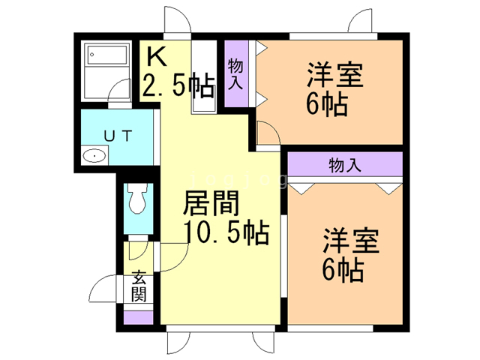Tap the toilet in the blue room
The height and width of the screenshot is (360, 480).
coord(137,200)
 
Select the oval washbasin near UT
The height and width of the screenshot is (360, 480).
coord(94,156)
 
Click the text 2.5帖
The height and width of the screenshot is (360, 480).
coord(178,88)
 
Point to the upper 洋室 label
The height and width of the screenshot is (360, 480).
coord(334,77)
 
